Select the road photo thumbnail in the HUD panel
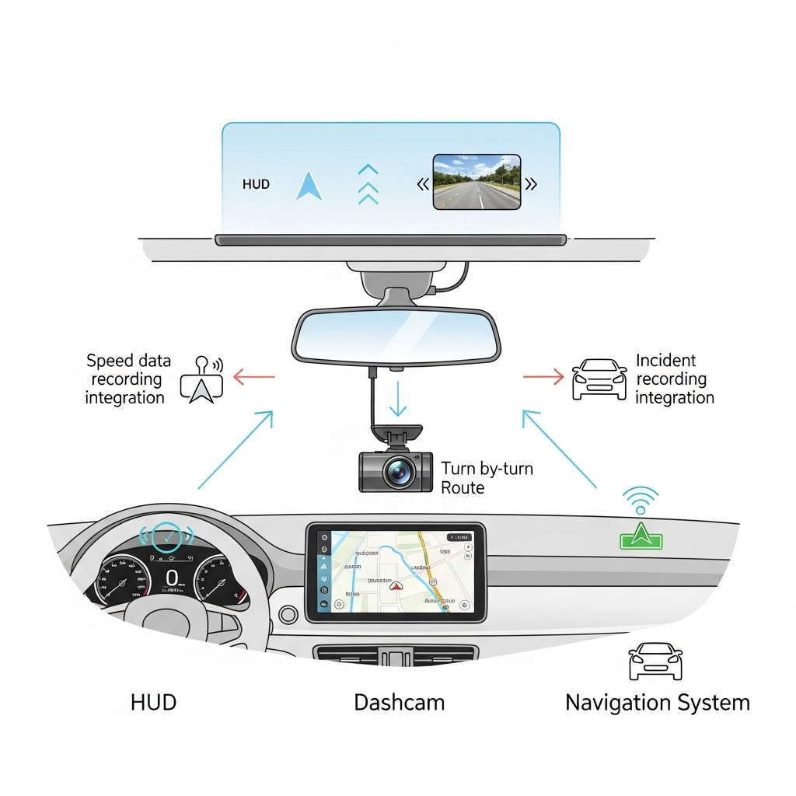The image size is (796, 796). click(476, 182)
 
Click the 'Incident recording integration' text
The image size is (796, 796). click(673, 379)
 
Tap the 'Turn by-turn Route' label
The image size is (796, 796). click(487, 478)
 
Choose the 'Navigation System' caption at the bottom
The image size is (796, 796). click(657, 703)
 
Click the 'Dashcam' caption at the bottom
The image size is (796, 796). click(399, 703)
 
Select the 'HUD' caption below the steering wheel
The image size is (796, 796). click(153, 703)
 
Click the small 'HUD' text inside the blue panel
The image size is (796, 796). click(257, 185)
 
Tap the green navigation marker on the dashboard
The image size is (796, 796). click(641, 536)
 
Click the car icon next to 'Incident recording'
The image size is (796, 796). click(599, 379)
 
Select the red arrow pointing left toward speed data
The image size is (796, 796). click(253, 379)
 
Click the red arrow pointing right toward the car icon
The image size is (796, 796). click(543, 377)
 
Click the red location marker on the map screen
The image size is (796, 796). click(394, 586)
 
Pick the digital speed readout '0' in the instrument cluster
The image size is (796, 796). click(172, 578)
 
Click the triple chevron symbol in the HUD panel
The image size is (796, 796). click(368, 184)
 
